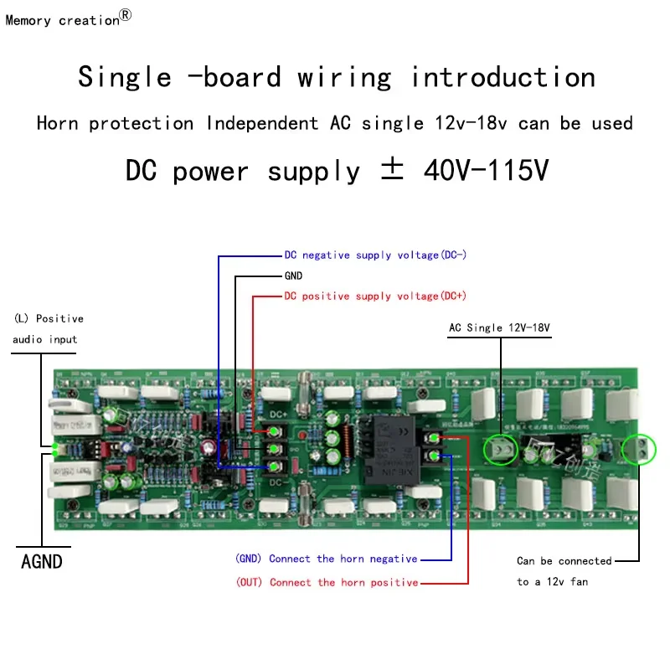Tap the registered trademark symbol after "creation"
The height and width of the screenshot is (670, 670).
pos(126,15)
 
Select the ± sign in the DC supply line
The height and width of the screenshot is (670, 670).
pos(392,170)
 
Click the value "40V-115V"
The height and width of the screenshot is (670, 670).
pos(486,170)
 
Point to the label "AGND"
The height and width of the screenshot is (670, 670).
pos(41,561)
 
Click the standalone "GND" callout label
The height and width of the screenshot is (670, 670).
pos(293,276)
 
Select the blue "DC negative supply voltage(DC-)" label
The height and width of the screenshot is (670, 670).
pos(375,255)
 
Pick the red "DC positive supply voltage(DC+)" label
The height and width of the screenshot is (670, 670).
pos(375,296)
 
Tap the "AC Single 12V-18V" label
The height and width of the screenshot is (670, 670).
pos(500,327)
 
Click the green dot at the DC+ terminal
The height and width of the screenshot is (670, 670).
pos(274,431)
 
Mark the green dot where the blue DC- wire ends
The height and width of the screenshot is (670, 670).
pos(274,466)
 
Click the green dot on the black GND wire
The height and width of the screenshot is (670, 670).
pos(274,449)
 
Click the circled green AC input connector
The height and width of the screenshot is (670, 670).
pos(502,450)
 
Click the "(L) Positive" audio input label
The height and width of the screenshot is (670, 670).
pos(49,319)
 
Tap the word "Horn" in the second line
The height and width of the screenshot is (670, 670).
pos(58,124)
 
